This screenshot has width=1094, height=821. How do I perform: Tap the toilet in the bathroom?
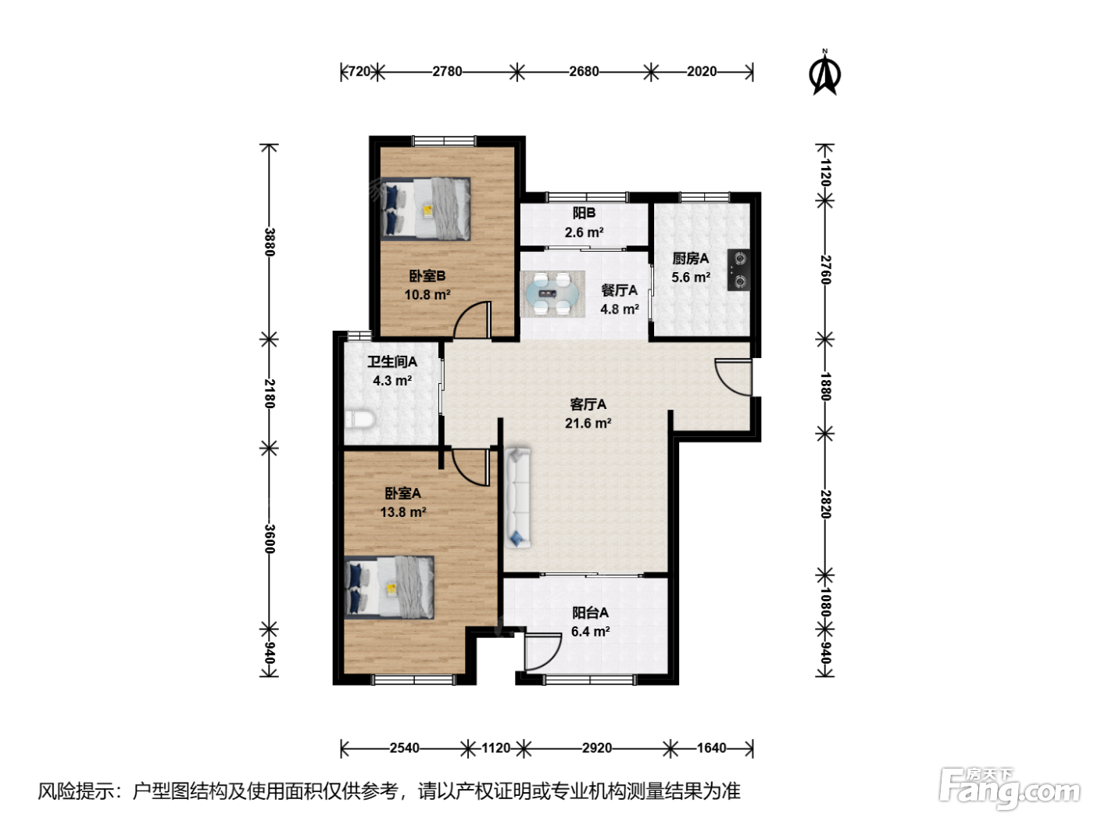point(359,419)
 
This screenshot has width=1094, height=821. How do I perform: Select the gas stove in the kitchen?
point(738,270)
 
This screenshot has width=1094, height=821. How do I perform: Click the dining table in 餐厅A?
point(552,294)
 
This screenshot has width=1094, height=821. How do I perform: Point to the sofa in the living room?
point(518,497)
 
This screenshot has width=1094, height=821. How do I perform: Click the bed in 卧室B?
point(425,209)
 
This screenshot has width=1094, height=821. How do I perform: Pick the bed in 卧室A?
point(388,587)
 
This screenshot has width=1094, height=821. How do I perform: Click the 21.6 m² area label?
point(588,423)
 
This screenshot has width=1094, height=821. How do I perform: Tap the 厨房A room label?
point(690,258)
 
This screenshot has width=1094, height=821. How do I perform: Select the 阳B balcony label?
point(584,213)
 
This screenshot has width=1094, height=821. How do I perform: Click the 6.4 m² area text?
point(591,632)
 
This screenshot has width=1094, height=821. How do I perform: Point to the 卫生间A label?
point(392,361)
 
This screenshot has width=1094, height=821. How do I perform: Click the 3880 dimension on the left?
point(269,242)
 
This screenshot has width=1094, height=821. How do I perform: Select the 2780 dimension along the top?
point(447,72)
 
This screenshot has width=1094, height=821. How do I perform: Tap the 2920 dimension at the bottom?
point(597,748)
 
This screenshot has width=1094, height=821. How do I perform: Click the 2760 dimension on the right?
point(825,270)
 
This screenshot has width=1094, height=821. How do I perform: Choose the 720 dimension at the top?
point(359,72)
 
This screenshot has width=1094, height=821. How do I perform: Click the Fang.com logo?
point(1009,788)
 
